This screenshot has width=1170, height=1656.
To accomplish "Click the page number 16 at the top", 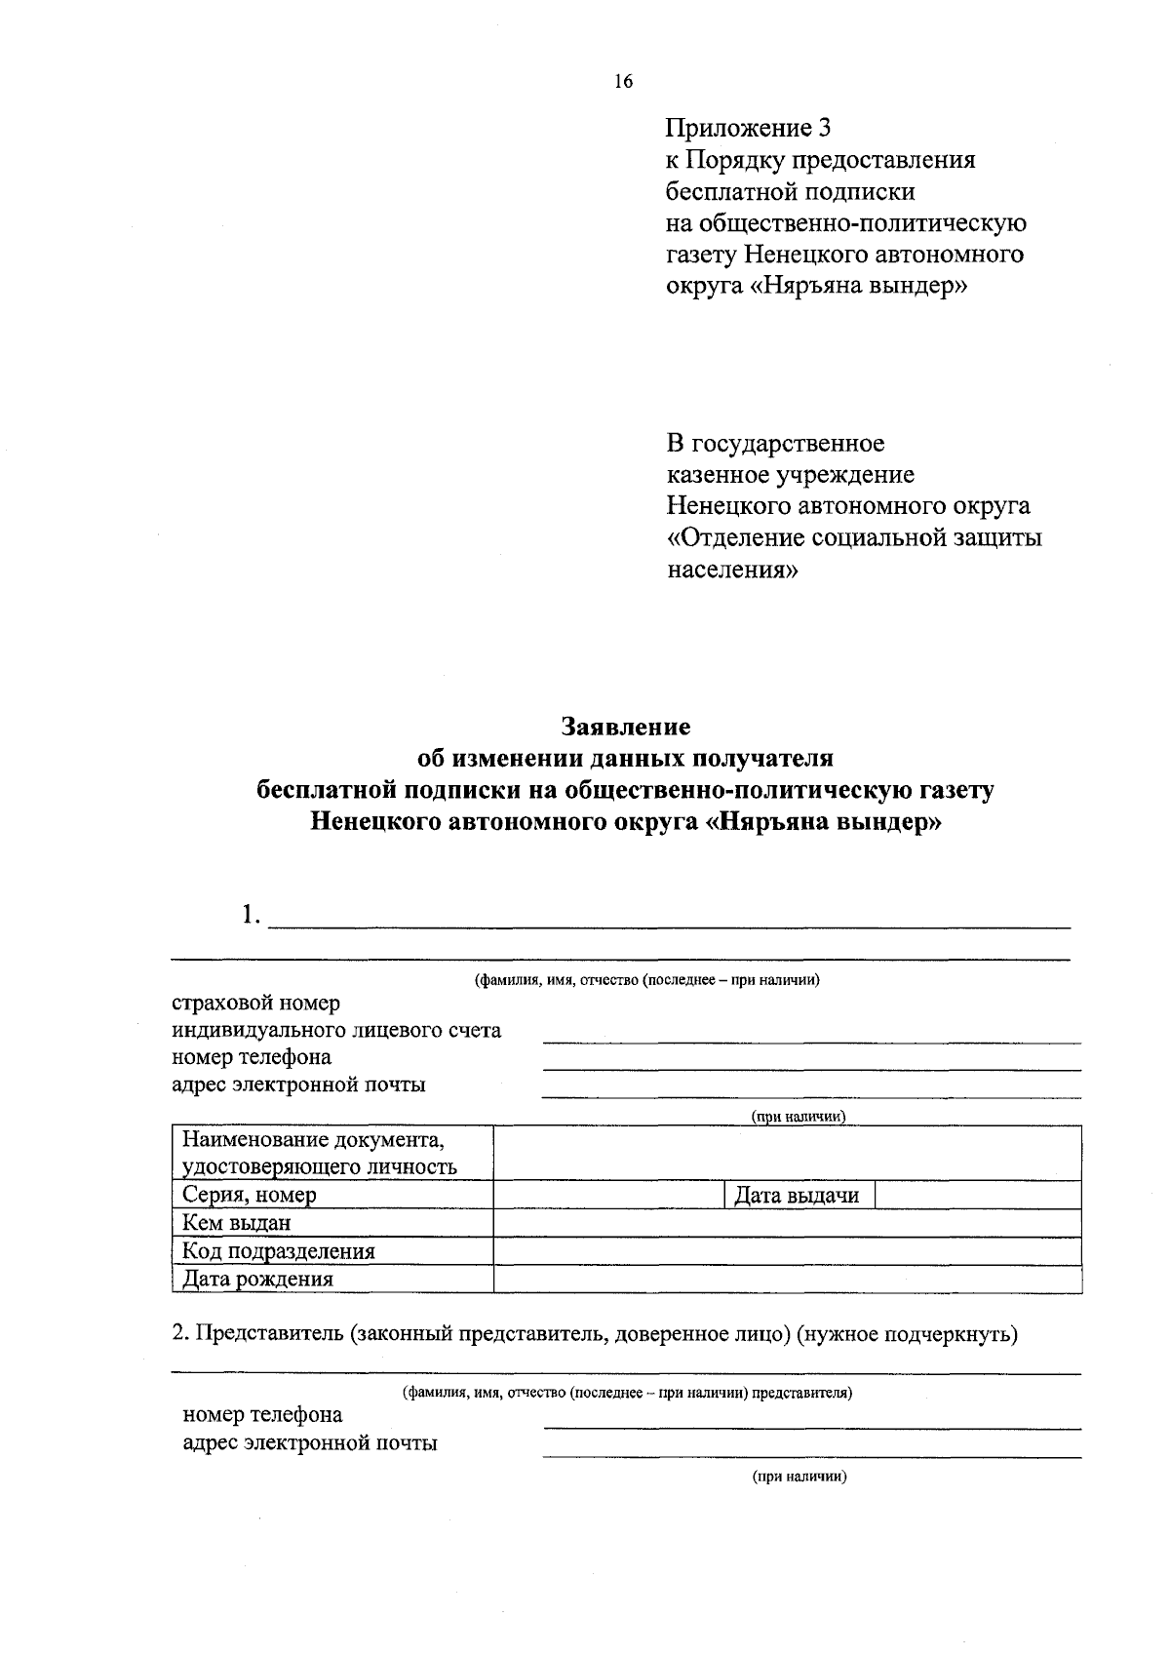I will tap(623, 82).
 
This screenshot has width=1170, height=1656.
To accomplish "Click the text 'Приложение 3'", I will tap(749, 128).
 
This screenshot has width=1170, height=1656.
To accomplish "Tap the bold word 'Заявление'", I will tap(625, 727).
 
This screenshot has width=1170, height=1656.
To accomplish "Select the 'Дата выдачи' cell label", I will tap(797, 1195).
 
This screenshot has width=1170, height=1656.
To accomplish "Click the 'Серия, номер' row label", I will tap(250, 1195).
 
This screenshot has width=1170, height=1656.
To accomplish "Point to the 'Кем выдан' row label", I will tap(237, 1223).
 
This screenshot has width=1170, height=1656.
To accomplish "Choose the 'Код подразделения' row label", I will tap(279, 1251).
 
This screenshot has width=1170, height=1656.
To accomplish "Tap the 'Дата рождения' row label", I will tap(258, 1279).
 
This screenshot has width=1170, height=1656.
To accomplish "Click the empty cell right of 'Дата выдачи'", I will tap(978, 1195).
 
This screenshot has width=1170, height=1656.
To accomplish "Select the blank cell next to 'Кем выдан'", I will tap(788, 1223).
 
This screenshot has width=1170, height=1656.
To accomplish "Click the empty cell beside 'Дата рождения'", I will tap(788, 1279).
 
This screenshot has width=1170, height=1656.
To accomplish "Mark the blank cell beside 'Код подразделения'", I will tap(788, 1251).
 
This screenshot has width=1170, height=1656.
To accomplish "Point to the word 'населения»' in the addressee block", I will tap(732, 570).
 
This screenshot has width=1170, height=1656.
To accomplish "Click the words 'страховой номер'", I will tap(255, 1003).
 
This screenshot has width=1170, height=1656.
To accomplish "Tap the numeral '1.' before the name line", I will tap(252, 916).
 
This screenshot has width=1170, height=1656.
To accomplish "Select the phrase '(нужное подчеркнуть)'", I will tap(907, 1333).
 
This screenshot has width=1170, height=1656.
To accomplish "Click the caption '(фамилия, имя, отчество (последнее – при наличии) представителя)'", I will tap(627, 1393).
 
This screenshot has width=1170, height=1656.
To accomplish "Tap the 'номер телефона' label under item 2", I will tap(262, 1415).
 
